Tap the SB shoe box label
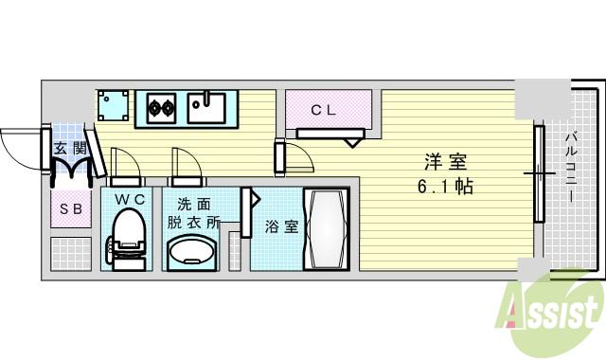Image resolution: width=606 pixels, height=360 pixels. click(70, 208)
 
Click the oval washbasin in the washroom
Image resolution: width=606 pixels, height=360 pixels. click(193, 253)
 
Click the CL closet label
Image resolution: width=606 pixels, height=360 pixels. click(324, 110)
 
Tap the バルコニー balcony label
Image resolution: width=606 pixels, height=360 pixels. click(572, 171)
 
